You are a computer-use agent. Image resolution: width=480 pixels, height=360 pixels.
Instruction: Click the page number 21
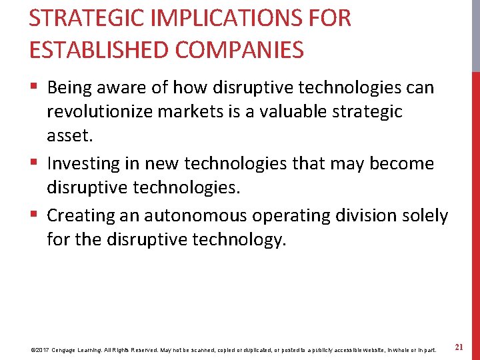coord(459,347)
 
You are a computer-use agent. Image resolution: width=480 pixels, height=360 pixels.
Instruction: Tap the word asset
coord(69,137)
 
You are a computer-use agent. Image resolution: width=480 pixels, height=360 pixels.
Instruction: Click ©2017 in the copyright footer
coord(41,349)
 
